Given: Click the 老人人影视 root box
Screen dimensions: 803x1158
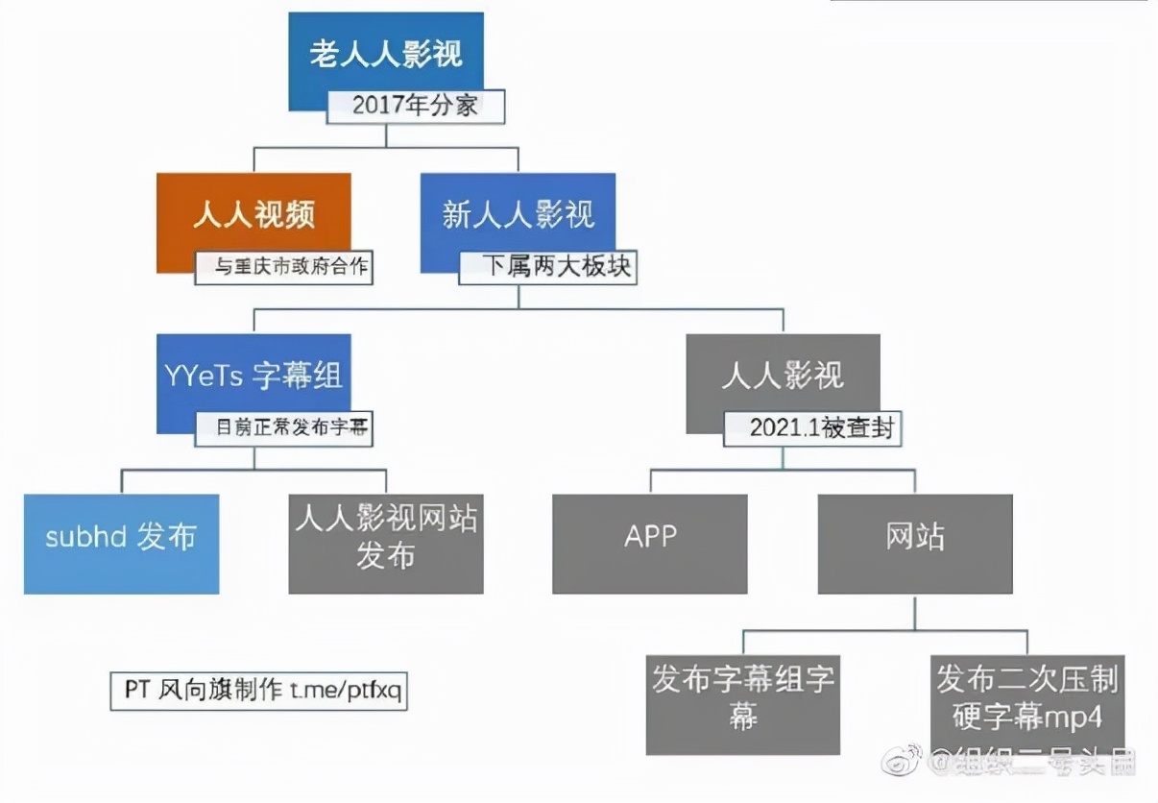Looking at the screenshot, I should coord(386,56).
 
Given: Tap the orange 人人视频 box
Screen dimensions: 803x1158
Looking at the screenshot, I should coord(253,213).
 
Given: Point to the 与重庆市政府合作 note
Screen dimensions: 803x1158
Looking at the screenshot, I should coord(283,268).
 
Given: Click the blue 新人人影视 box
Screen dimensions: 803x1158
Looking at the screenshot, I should coord(518,213).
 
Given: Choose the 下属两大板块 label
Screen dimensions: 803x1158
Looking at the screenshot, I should coord(547,266).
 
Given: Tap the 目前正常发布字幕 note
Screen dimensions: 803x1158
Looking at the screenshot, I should coord(283,428).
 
